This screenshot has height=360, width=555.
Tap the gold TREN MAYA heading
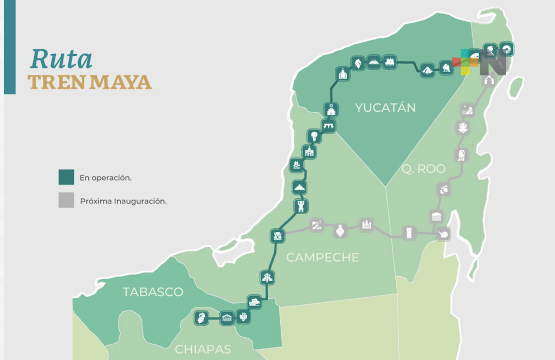90,82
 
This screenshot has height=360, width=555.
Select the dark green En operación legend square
66,177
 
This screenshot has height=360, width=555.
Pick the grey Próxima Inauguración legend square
66,201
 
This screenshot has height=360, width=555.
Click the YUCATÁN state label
385,108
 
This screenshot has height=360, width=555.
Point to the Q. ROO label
423,169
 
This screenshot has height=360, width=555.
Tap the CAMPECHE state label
322,257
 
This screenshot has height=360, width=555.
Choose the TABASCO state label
153,292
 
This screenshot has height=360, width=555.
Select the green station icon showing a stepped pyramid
427,70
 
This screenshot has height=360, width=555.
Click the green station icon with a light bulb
313,136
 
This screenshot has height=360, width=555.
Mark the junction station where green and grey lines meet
277,235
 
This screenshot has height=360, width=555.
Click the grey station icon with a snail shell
443,234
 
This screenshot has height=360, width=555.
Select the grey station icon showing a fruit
444,189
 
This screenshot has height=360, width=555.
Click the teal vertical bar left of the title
9,47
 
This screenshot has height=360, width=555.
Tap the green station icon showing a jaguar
446,68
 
